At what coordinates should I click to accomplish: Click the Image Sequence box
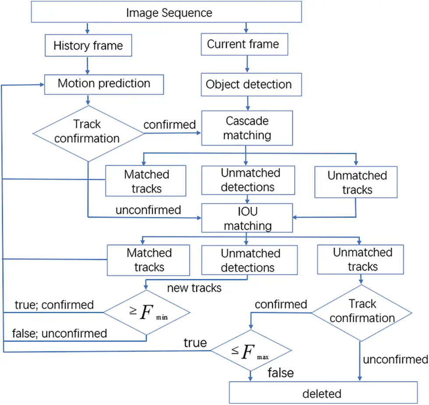[166, 13]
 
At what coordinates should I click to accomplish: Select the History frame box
[88, 45]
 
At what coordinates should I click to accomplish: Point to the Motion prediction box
[104, 84]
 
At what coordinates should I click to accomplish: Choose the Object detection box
[249, 85]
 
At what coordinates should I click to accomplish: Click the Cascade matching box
[247, 128]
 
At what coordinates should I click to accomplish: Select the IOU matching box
[247, 218]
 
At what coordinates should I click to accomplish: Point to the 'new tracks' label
[194, 288]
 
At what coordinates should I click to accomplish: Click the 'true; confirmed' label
[54, 305]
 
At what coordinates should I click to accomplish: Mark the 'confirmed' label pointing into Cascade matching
[169, 125]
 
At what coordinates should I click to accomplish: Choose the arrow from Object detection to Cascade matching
[248, 104]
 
